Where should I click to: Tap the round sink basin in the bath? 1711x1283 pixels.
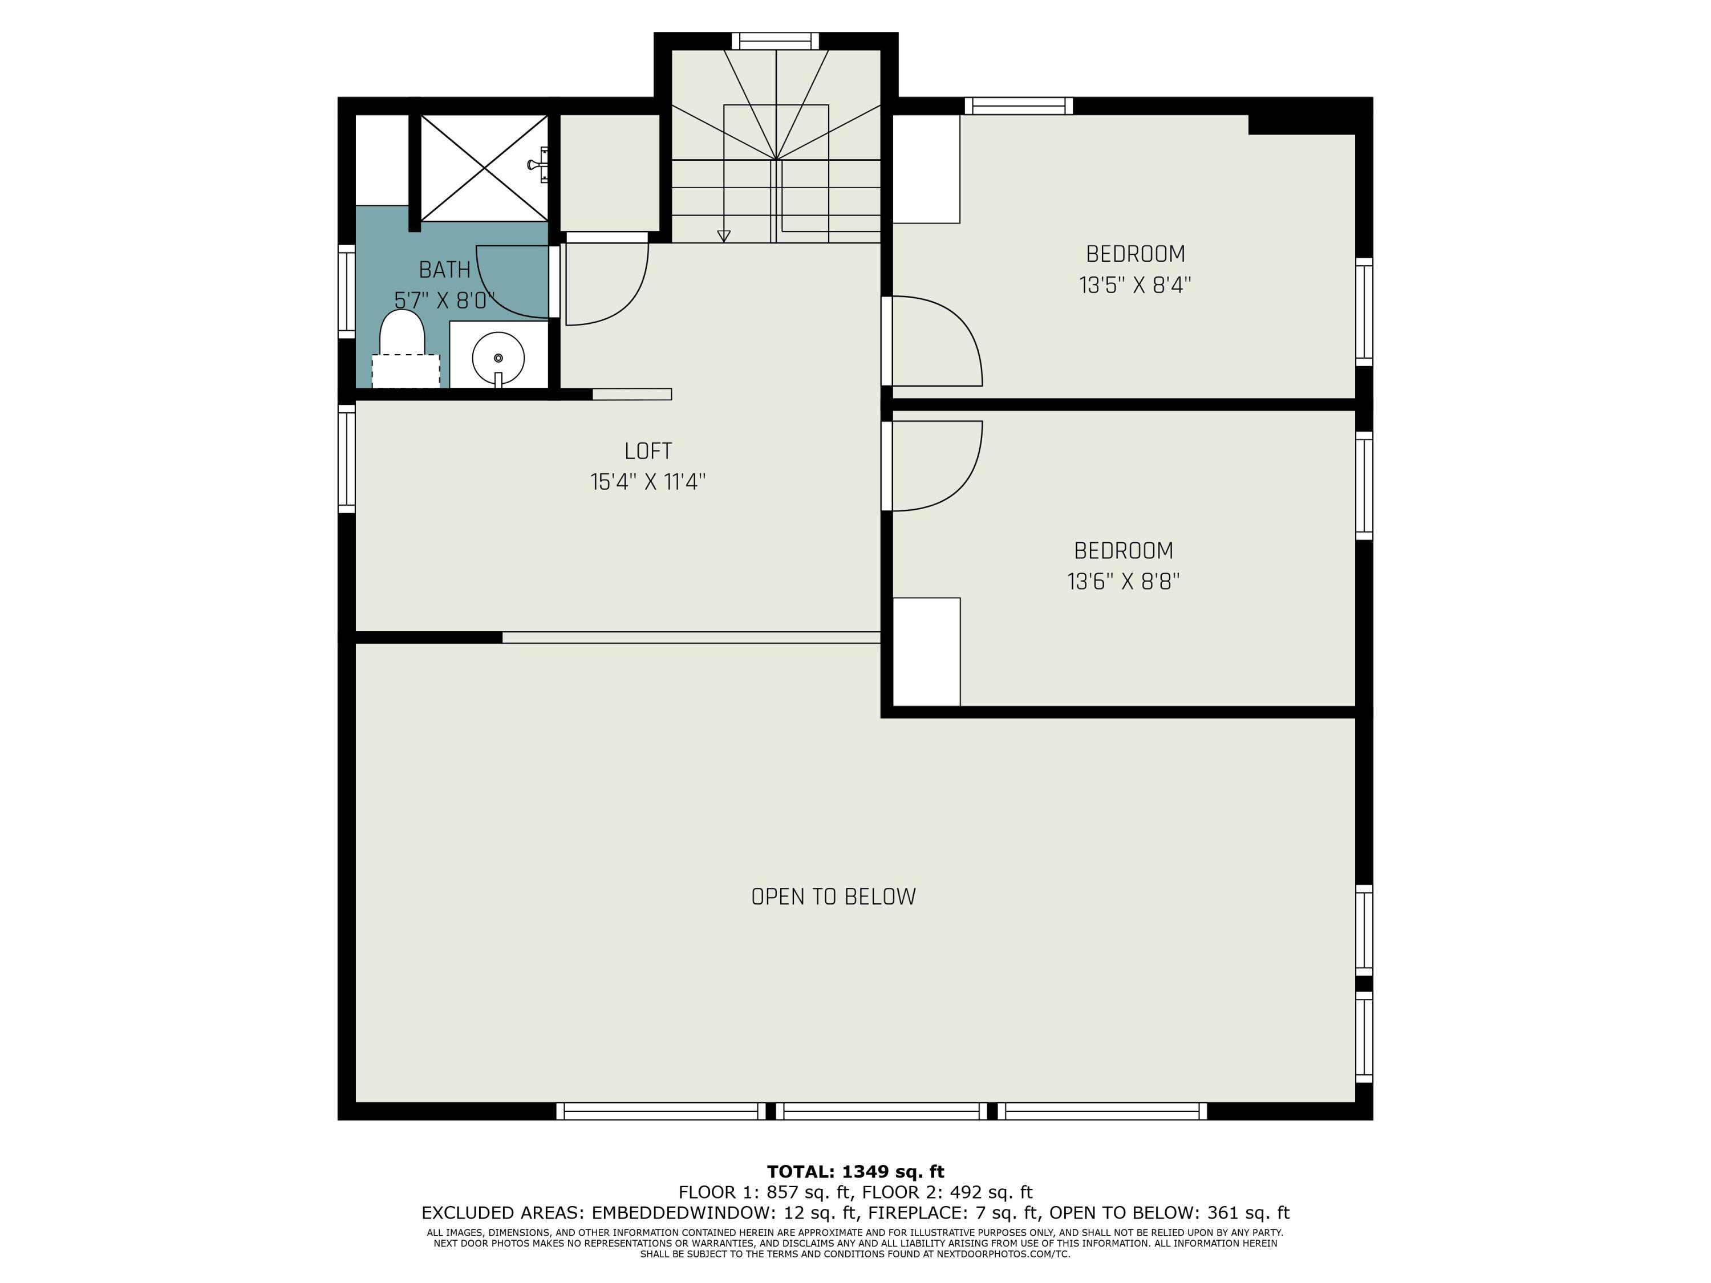tap(498, 358)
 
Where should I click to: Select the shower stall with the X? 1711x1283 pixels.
tap(484, 167)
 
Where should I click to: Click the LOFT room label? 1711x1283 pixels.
tap(648, 451)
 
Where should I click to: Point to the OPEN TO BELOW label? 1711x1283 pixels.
tap(833, 897)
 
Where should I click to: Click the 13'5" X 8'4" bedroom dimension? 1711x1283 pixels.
tap(1135, 285)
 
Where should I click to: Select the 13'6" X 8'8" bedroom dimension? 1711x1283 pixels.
tap(1123, 582)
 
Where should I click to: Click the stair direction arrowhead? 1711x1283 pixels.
tap(724, 236)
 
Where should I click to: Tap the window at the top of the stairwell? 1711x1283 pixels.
tap(775, 41)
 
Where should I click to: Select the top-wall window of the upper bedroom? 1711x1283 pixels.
tap(1018, 106)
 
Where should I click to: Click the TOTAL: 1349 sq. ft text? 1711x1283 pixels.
tap(855, 1172)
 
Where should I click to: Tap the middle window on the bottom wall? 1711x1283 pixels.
tap(882, 1111)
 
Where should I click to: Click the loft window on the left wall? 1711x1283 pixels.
tap(347, 458)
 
